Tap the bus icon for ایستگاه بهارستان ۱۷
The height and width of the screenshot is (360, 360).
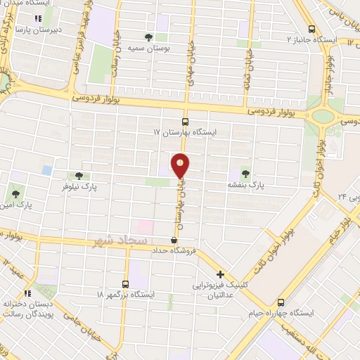click(x=185, y=120)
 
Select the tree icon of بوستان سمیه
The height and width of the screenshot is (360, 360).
click(x=148, y=37)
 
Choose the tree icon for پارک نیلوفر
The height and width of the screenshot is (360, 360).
click(x=77, y=176)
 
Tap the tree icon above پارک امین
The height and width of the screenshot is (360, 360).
click(x=15, y=192)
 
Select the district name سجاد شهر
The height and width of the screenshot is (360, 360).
click(x=119, y=242)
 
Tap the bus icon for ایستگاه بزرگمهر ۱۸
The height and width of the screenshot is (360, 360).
click(x=126, y=284)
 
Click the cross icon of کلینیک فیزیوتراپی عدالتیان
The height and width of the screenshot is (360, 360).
click(x=221, y=274)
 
